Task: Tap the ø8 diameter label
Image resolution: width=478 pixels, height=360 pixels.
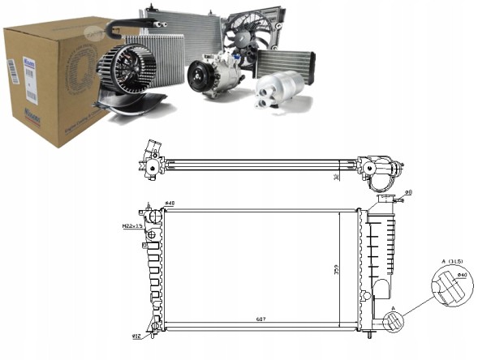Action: pyautogui.click(x=408, y=193)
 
